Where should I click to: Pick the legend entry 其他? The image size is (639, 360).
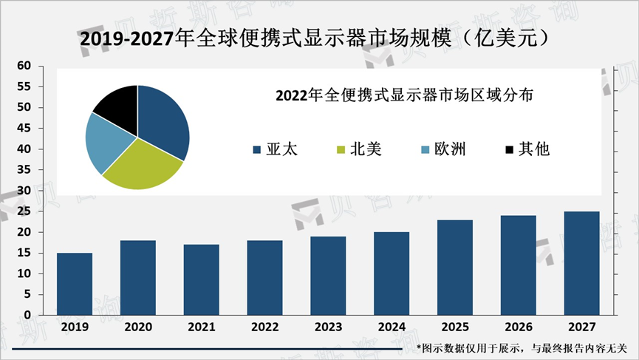527,149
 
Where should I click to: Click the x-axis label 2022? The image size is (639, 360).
264,326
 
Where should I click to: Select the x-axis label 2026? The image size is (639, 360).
518,326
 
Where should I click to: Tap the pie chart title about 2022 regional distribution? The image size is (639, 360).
404,96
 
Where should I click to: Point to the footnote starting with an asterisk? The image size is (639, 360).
522,347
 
